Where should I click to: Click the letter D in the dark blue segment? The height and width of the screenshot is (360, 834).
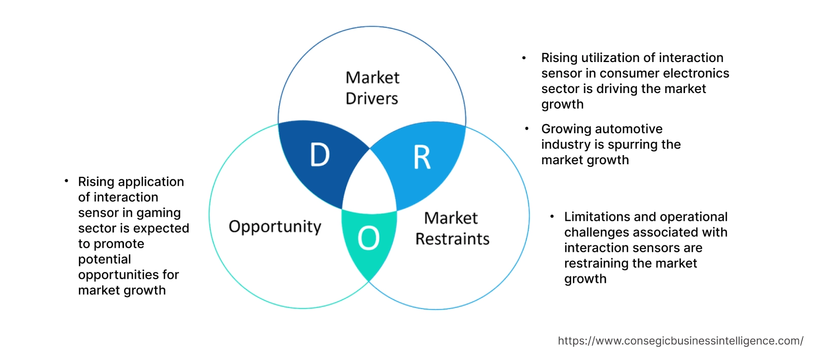point(320,155)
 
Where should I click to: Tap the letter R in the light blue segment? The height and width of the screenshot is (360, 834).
point(422,157)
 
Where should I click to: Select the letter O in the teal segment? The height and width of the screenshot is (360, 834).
point(368,238)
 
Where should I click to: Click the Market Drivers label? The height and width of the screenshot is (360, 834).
point(372,88)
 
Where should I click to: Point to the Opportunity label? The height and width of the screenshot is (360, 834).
point(275,226)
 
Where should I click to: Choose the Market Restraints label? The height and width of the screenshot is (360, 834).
point(452,228)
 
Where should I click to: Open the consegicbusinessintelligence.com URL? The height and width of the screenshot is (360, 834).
point(680,341)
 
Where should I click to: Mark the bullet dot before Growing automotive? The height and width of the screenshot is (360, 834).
point(527,129)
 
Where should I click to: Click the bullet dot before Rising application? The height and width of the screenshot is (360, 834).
point(66,181)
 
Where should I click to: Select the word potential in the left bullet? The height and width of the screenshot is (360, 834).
point(104,259)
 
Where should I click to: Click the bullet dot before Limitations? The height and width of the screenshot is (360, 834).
point(552,217)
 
